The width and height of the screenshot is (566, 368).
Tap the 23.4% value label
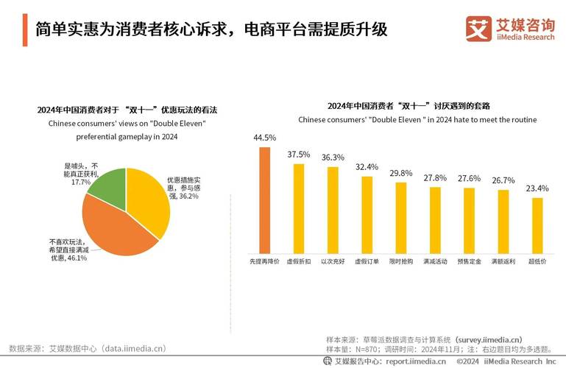537,188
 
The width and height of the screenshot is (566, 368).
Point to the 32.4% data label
367,167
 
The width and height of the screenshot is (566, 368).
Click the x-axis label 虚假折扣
299,261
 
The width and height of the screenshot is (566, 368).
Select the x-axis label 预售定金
469,261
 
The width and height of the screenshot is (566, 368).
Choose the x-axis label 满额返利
503,261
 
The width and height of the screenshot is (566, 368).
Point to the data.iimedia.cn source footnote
88,348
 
